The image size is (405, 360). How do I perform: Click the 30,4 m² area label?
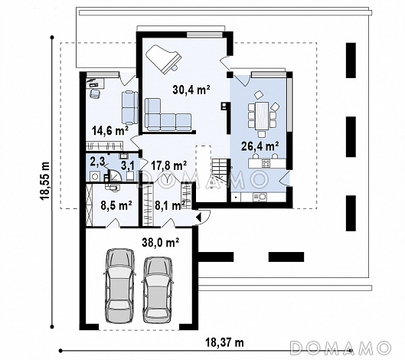(x=191, y=90)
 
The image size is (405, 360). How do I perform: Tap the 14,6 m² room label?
(x=110, y=130)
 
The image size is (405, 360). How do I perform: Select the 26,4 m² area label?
(x=260, y=146)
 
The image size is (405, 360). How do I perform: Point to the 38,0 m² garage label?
(x=161, y=243)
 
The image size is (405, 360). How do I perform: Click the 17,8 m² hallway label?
(x=169, y=165)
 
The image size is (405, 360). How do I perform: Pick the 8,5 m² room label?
(x=116, y=206)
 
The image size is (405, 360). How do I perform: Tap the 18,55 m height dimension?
(x=44, y=181)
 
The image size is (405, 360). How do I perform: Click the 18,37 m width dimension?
(x=224, y=342)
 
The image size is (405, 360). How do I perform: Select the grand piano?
(x=163, y=59)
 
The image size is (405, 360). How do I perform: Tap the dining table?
(x=262, y=116)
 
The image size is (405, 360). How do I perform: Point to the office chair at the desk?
(x=95, y=93)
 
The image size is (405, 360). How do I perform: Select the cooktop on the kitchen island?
(x=266, y=163)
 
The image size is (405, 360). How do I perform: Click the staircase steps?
(x=220, y=170)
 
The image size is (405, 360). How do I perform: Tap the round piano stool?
(x=175, y=68)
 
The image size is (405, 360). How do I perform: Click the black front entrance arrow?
(x=198, y=217)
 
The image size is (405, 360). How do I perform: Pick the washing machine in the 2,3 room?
(x=94, y=176)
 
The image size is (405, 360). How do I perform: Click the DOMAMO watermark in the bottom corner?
(x=340, y=348)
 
